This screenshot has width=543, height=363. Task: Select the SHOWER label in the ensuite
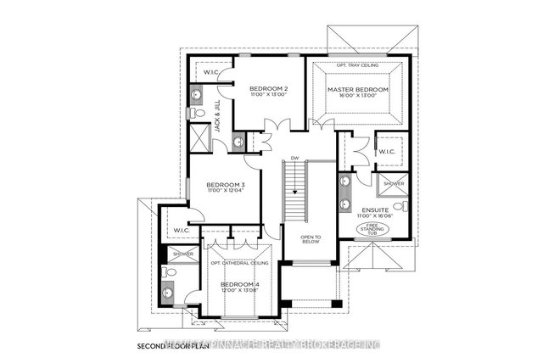coord(395,182)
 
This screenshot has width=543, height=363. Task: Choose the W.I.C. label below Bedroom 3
coord(180,230)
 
